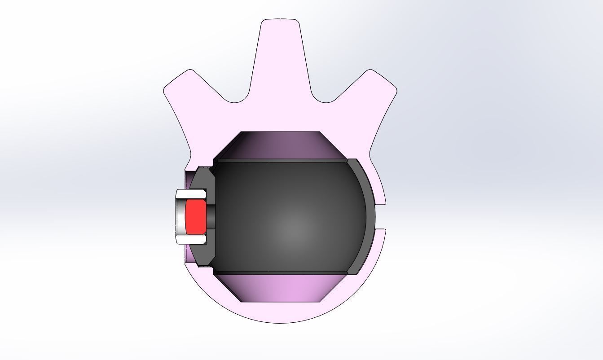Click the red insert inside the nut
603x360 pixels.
195,217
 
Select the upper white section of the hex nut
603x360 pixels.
190,194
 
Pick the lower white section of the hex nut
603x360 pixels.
190,240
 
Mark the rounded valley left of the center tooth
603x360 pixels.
236,100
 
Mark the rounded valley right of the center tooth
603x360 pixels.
324,100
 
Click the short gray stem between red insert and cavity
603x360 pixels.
210,217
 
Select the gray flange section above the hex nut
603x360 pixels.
205,178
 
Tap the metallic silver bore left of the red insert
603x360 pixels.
180,217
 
